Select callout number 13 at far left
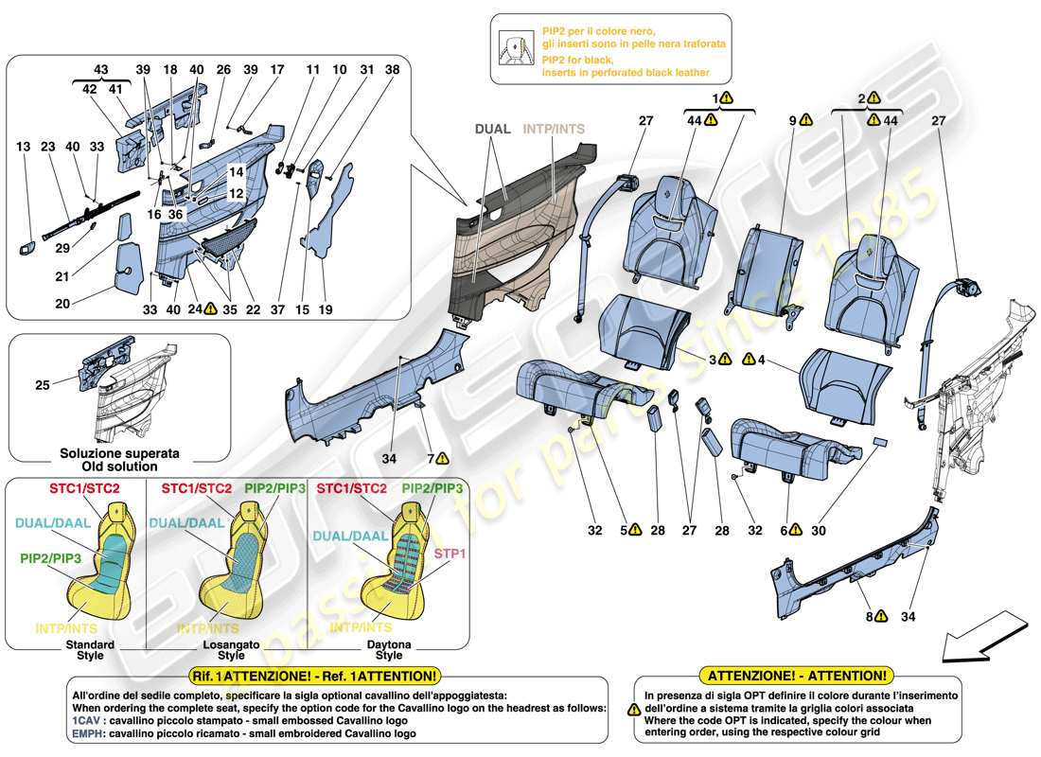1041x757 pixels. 23,147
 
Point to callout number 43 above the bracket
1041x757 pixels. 100,69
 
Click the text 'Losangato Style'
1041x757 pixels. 230,649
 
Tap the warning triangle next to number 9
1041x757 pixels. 805,120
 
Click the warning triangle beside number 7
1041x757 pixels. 443,459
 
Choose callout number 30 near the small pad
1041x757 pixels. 818,531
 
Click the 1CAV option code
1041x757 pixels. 88,718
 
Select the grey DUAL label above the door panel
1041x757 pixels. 492,129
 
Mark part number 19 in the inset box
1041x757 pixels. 324,308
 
